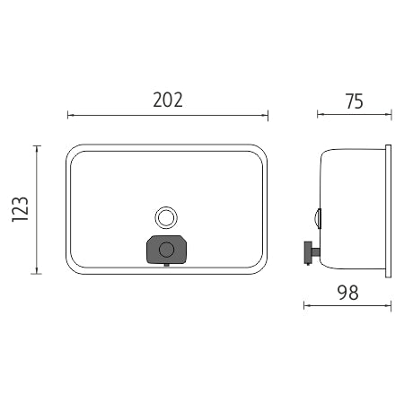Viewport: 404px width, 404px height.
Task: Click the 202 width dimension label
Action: (x=168, y=100)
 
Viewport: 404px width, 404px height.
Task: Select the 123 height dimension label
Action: (x=21, y=209)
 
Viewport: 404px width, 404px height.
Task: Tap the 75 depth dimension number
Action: (x=355, y=101)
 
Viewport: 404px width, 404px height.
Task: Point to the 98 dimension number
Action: (x=348, y=293)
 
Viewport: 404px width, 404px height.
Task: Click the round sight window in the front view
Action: (x=166, y=217)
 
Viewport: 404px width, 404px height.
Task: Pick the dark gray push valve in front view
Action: (x=167, y=250)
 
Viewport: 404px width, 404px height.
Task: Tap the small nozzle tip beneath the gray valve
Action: (x=167, y=265)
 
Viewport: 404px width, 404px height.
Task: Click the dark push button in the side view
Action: (x=308, y=253)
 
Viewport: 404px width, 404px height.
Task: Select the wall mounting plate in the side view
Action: (x=388, y=211)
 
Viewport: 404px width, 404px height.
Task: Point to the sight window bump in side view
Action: (x=318, y=218)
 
